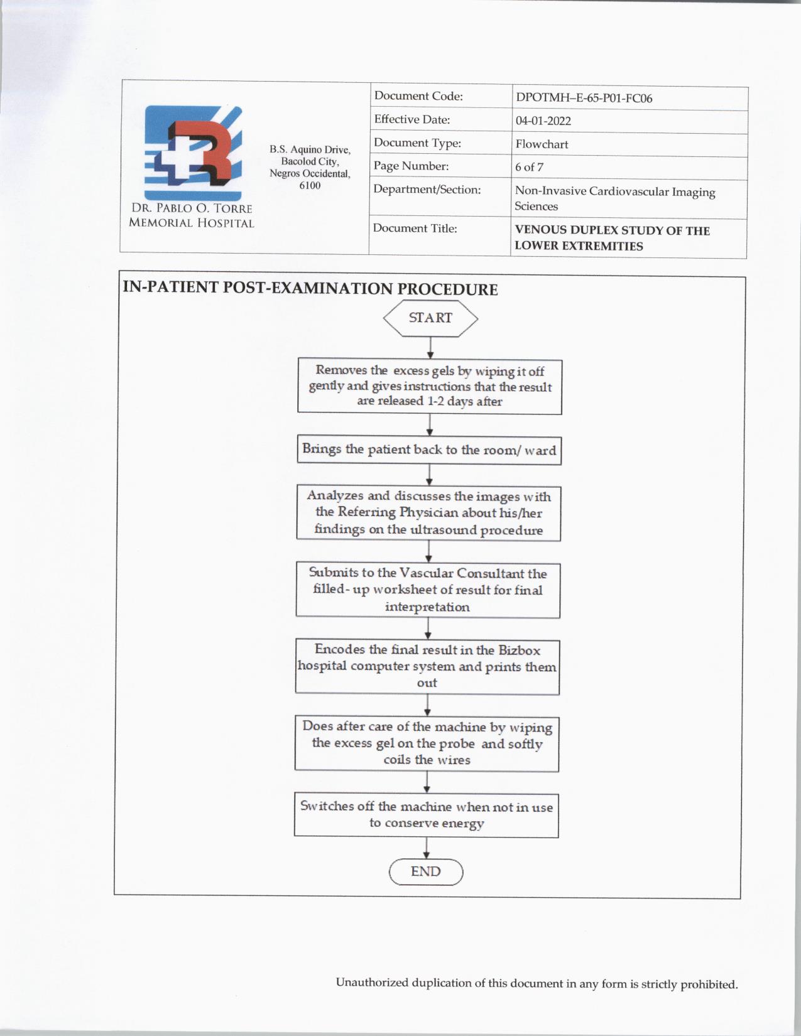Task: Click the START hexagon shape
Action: coord(430,318)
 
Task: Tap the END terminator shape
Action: coord(426,872)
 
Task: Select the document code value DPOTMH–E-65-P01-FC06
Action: coord(584,98)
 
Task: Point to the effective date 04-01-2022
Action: coord(543,121)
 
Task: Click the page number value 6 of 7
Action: coord(529,167)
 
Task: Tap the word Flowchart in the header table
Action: coord(542,144)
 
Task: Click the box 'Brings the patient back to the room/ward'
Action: coord(429,450)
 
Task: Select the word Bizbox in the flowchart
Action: coord(519,650)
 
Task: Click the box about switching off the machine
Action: coord(427,814)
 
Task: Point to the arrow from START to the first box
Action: coord(430,348)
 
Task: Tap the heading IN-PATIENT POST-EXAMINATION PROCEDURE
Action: coord(310,288)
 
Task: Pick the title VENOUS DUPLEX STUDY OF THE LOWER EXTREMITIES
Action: coord(612,238)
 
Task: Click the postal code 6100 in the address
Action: coord(310,185)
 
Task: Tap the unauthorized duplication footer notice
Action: coord(537,983)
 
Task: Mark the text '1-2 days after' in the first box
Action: coord(465,402)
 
